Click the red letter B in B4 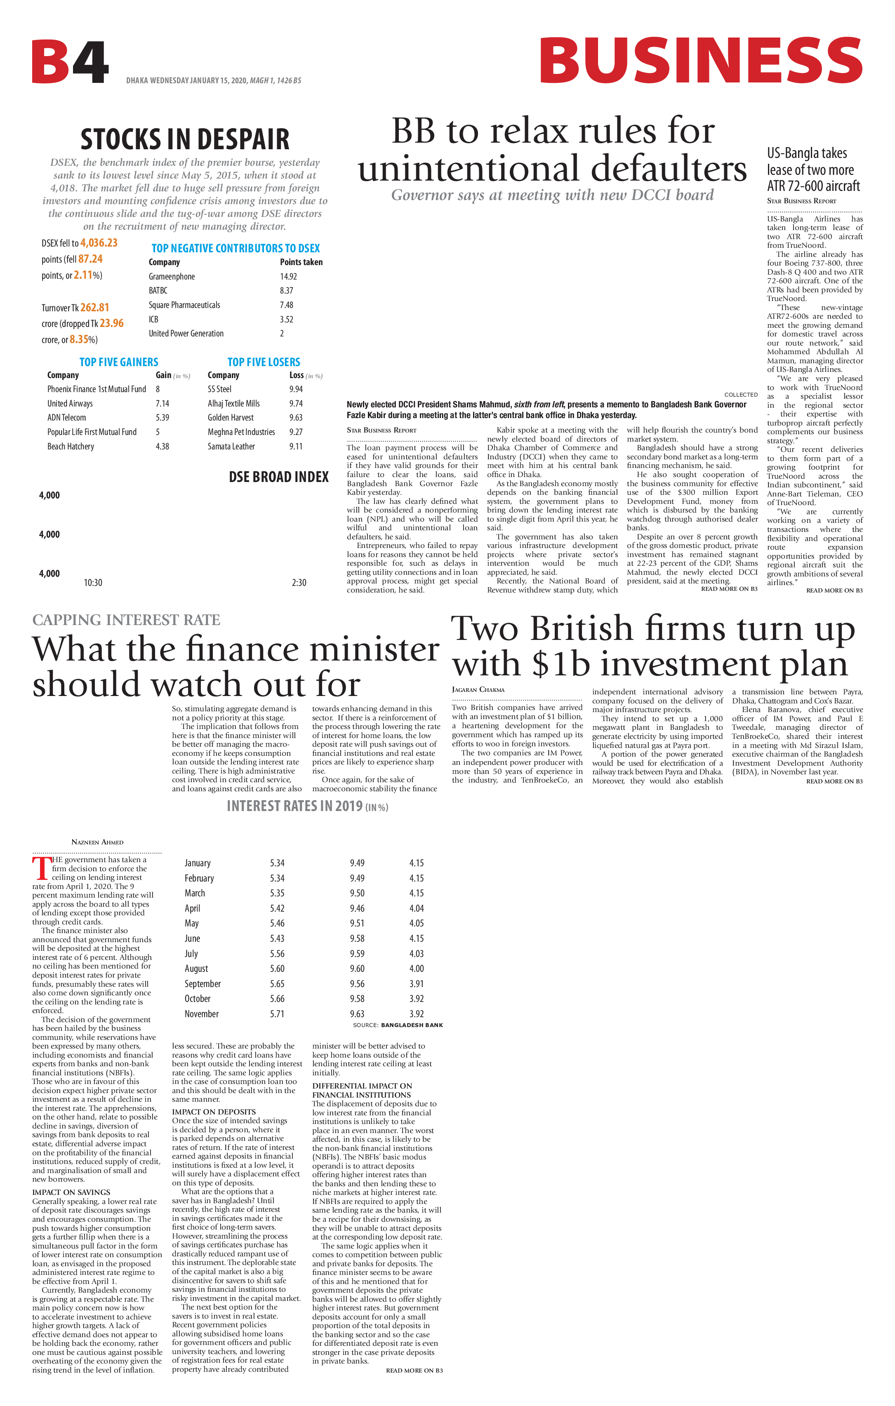52,62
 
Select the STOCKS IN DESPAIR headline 185,139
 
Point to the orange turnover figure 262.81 94,308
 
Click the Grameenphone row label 172,277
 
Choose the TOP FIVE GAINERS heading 119,362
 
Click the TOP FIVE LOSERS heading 264,362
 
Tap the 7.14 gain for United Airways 162,404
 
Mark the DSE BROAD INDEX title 279,477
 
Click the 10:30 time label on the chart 93,583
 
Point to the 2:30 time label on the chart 299,583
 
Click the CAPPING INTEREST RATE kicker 126,620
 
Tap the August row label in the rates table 196,969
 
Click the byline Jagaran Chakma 478,689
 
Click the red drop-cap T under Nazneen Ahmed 42,868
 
